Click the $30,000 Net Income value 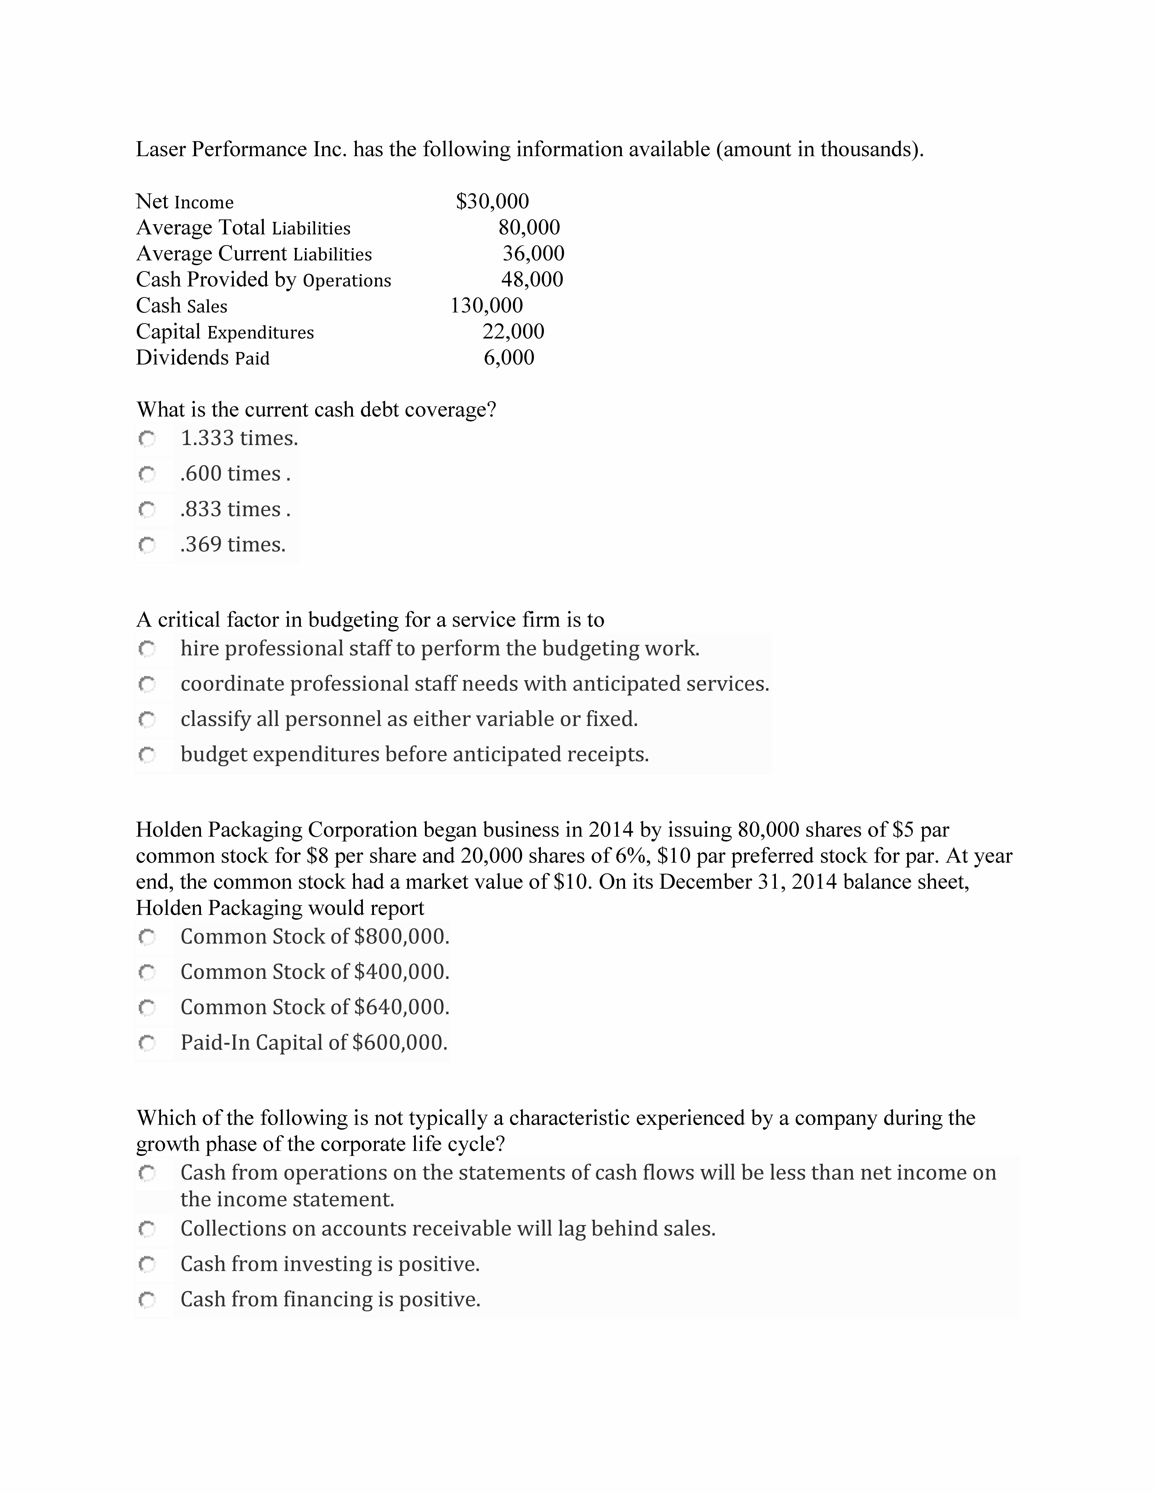coord(492,201)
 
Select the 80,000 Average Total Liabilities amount coord(529,227)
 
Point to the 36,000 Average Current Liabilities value coord(533,253)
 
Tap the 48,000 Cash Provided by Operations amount coord(532,279)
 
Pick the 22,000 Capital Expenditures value coord(513,331)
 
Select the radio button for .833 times coord(147,510)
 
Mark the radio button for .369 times coord(147,545)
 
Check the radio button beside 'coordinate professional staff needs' coord(147,684)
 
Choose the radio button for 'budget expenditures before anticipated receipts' coord(147,755)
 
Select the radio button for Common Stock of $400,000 coord(147,972)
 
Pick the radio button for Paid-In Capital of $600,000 coord(147,1043)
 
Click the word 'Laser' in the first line coord(160,149)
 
